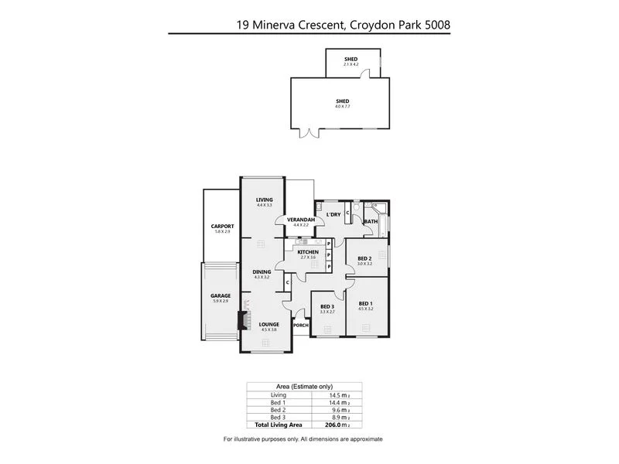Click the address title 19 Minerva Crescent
click(x=344, y=24)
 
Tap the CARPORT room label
click(x=221, y=227)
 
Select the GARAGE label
click(x=221, y=295)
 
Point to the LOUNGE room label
click(x=268, y=324)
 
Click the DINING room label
click(x=262, y=271)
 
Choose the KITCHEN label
click(x=309, y=251)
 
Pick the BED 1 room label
click(x=366, y=303)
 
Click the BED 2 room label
click(x=365, y=258)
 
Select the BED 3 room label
click(x=327, y=306)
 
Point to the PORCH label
click(x=301, y=325)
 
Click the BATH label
click(x=371, y=222)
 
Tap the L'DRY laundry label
click(x=333, y=213)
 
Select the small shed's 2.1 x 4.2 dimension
click(x=352, y=63)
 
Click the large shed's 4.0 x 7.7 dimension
click(x=342, y=106)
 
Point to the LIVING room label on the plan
click(x=265, y=200)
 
